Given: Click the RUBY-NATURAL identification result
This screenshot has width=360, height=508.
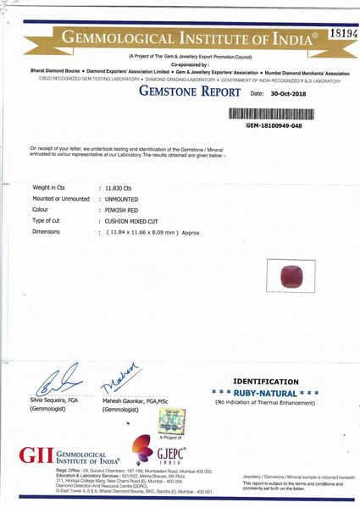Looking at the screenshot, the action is click(265, 394).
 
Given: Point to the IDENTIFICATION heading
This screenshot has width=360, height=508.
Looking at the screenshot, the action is click(265, 382).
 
